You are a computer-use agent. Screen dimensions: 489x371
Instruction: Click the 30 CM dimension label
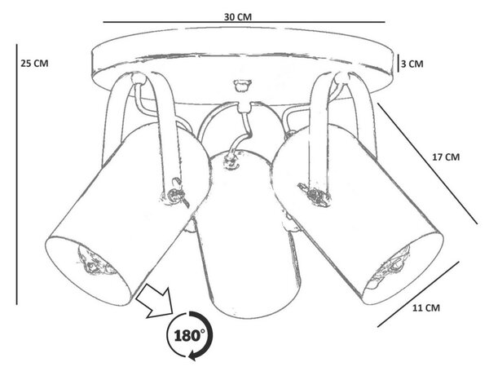[238, 16]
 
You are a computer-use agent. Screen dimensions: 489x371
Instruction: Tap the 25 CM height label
[34, 64]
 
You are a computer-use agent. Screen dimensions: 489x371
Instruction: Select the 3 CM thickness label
[412, 64]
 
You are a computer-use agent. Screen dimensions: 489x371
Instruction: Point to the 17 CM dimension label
[446, 157]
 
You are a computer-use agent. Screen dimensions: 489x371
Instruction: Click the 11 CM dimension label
[426, 308]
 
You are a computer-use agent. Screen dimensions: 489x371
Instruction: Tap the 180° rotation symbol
[190, 336]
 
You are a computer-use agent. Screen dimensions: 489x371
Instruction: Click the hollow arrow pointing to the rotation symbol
[155, 303]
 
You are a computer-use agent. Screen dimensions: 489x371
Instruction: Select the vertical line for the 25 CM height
[16, 174]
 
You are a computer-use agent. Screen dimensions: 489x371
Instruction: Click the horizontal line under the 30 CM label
[244, 22]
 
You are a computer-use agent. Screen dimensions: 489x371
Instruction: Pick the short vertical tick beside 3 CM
[399, 64]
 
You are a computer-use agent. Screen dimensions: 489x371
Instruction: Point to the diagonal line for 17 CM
[428, 163]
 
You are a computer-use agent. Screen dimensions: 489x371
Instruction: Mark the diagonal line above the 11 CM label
[418, 294]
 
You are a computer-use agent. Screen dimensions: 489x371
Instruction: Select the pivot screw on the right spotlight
[315, 194]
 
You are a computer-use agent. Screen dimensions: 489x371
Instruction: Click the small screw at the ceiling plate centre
[242, 86]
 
